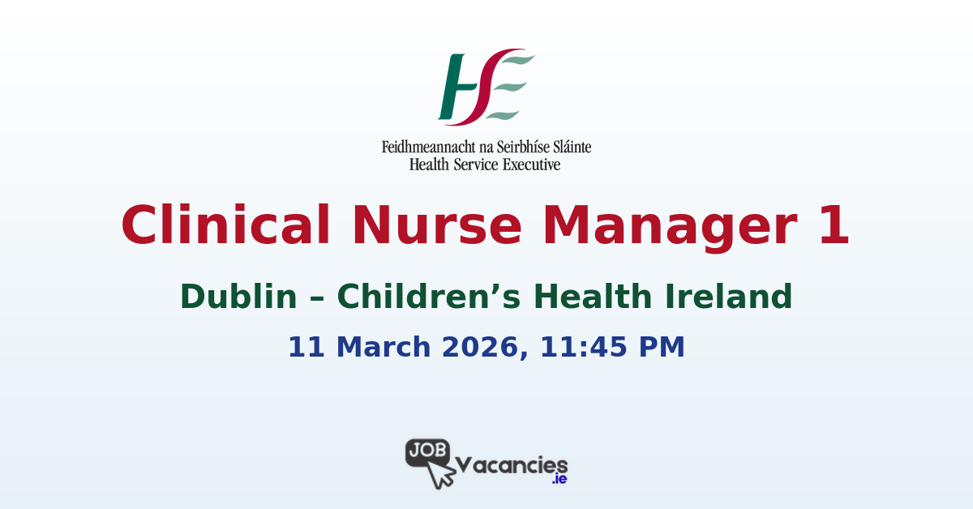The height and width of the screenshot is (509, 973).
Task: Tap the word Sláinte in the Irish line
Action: [x=568, y=148]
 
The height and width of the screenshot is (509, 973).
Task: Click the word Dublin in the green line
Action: [x=238, y=297]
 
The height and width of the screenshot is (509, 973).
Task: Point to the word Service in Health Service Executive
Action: [x=478, y=164]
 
